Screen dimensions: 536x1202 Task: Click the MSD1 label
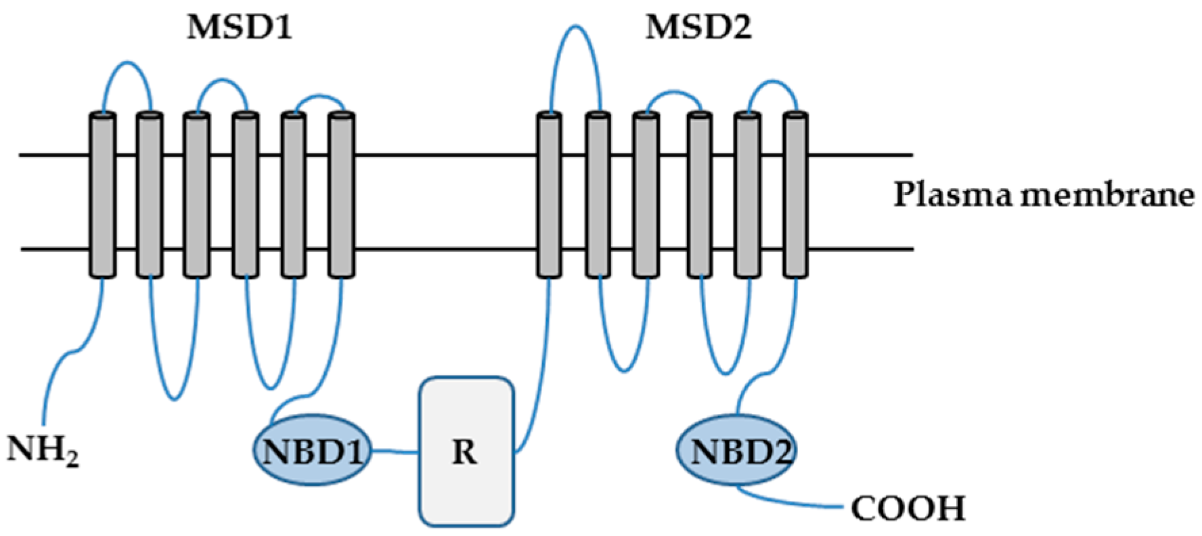tap(240, 28)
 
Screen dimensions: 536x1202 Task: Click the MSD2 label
tap(698, 28)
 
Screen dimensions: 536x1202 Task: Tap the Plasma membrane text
tap(1043, 195)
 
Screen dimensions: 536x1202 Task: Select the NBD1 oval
tap(313, 451)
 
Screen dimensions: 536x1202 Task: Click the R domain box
tap(466, 451)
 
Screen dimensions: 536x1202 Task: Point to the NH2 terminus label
tap(42, 450)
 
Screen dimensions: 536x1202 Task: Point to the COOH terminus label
tap(908, 508)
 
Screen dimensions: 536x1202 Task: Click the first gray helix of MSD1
tap(102, 195)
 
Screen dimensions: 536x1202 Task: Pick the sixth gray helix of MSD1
tap(342, 195)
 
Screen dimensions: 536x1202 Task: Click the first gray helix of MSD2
tap(549, 195)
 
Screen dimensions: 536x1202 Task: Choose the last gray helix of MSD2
tap(796, 195)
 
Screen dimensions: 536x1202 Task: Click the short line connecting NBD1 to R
tap(395, 451)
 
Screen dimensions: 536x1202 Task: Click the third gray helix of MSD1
tap(197, 195)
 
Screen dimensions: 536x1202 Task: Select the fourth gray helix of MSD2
tap(699, 195)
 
